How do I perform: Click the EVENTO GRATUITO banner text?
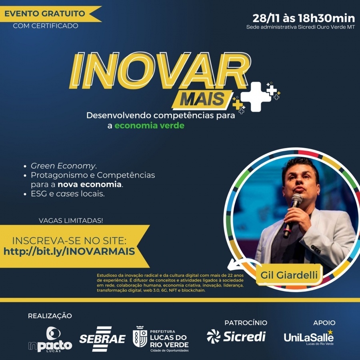tap(45, 14)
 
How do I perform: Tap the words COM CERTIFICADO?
tap(46, 26)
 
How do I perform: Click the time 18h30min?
tap(326, 18)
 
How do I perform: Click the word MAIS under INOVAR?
tap(202, 99)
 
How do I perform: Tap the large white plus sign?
tap(256, 97)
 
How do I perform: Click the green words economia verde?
tap(150, 126)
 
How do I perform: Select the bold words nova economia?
tap(90, 184)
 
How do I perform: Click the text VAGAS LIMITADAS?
tap(71, 221)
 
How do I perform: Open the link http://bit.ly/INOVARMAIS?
tap(69, 252)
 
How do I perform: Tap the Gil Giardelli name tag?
tap(289, 275)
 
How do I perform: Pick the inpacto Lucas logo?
tap(50, 339)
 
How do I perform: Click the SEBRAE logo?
tap(102, 339)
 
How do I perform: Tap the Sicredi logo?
tap(236, 336)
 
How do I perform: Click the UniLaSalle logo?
tap(309, 337)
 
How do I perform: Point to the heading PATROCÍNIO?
tap(246, 323)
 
